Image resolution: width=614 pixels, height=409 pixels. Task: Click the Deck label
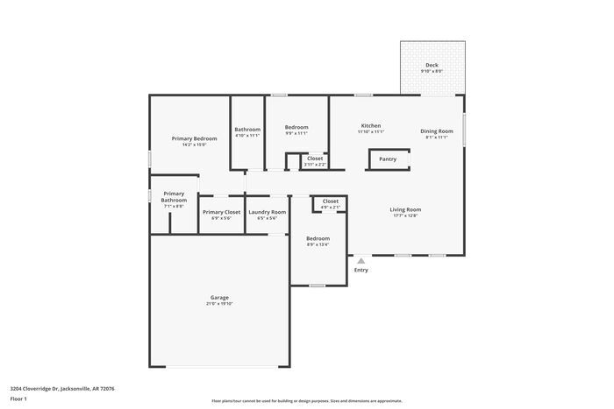pos(432,65)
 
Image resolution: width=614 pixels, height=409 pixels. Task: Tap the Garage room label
pos(219,298)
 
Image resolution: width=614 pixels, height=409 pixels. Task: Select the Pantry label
pos(387,159)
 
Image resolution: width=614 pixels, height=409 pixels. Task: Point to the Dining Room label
pos(436,131)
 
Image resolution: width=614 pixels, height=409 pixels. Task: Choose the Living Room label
pos(405,210)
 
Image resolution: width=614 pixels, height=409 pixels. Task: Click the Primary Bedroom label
pos(194,138)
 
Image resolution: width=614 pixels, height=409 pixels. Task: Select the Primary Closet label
pos(221,212)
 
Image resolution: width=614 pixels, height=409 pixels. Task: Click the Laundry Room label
pos(267,212)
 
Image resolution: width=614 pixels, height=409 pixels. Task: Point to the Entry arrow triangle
pos(361,260)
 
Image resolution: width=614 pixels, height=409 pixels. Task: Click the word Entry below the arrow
pos(361,270)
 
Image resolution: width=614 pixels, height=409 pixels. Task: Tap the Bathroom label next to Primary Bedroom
pos(247,130)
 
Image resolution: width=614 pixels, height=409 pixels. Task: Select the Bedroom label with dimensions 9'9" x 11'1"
pos(296,128)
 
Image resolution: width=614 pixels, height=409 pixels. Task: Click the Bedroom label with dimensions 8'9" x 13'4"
pos(318,238)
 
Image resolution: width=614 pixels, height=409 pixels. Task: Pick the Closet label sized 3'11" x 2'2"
pos(315,159)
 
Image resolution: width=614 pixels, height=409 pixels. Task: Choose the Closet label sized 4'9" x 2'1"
pos(331,201)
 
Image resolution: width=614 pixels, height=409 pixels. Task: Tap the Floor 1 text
pos(18,398)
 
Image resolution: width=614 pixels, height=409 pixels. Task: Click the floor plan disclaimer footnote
pos(306,399)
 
